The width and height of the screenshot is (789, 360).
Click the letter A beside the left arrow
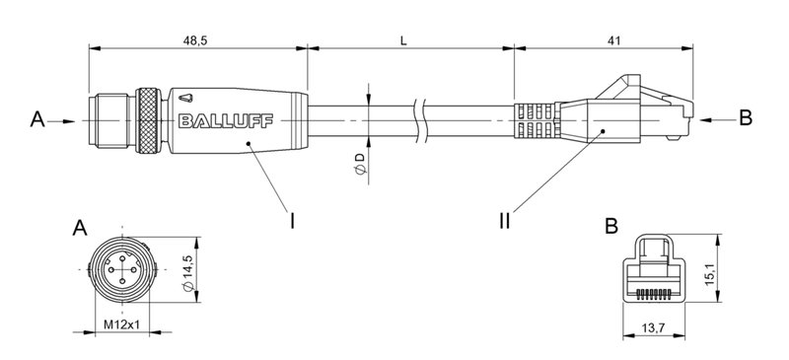[37, 119]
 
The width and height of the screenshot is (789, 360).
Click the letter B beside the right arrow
[746, 118]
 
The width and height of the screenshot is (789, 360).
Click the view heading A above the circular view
[78, 229]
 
